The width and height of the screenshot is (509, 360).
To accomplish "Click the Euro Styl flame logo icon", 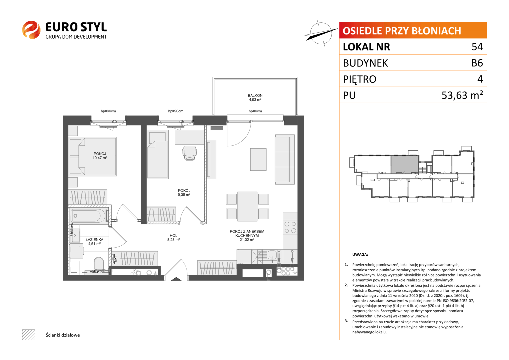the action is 31,30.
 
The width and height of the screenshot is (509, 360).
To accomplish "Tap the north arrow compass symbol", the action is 321,33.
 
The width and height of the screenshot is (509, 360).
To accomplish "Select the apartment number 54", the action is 477,47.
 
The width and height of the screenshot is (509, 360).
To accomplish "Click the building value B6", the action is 477,63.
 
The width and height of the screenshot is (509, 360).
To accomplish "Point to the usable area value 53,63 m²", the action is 462,95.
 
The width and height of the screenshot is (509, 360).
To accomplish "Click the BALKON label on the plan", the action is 255,95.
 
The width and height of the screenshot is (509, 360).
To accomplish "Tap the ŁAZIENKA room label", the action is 94,240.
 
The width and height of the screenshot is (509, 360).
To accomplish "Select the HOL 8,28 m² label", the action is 173,237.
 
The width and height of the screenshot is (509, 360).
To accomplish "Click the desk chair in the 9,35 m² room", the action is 189,153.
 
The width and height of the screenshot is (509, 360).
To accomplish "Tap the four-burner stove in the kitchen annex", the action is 290,227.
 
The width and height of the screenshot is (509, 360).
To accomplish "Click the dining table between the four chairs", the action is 247,206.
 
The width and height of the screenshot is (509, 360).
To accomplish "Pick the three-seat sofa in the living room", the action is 284,159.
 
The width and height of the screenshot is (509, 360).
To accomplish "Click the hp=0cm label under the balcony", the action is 255,111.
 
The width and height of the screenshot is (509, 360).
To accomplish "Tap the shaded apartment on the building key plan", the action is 404,165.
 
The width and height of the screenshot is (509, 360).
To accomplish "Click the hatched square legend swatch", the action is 29,335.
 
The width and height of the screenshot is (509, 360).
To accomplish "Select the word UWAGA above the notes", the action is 360,255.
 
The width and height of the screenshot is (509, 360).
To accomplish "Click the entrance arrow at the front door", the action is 176,279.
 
